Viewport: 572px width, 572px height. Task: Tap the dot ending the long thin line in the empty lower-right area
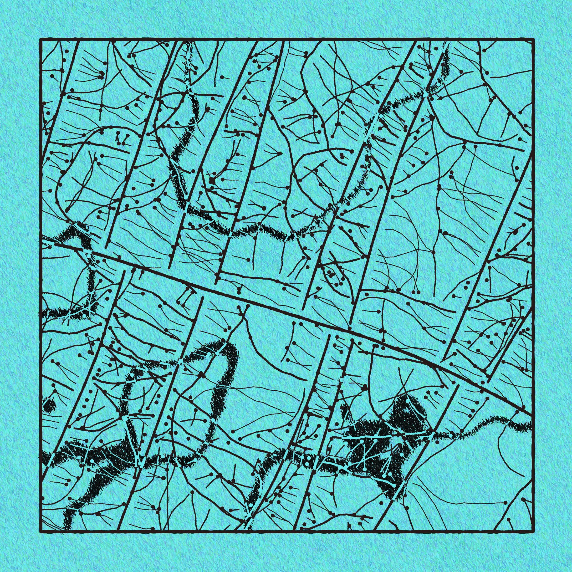pos(505,503)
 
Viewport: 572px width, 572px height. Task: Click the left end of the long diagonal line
pos(55,244)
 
